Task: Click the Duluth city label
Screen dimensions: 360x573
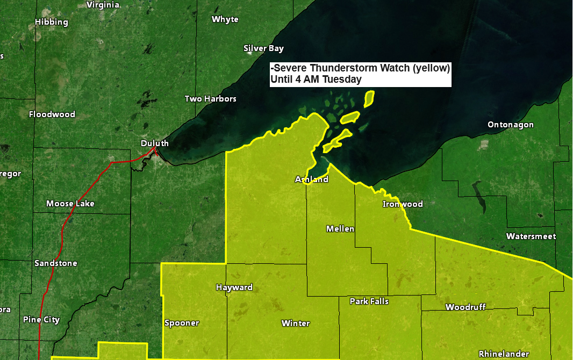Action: coord(154,143)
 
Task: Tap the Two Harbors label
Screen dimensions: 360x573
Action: coord(210,99)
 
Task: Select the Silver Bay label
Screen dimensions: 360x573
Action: coord(263,48)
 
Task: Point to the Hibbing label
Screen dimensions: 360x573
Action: coord(52,22)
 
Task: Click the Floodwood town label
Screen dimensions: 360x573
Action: coord(52,114)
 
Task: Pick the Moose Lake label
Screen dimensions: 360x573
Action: coord(70,204)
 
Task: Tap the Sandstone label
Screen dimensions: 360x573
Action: coord(55,263)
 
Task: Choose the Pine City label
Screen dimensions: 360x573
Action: coord(41,320)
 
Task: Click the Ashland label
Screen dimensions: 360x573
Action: coord(312,179)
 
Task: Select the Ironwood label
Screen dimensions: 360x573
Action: coord(403,204)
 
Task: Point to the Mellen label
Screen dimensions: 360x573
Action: coord(340,229)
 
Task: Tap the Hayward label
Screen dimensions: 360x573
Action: coord(234,287)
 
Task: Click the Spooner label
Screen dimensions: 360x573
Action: coord(181,323)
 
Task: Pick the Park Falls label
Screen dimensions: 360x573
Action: coord(369,301)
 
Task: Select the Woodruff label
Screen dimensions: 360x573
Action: coord(465,307)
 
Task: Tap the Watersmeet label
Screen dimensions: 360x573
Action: coord(531,236)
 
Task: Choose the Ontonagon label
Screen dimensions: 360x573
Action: coord(511,125)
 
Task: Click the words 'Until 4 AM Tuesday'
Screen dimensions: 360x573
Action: coord(316,80)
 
